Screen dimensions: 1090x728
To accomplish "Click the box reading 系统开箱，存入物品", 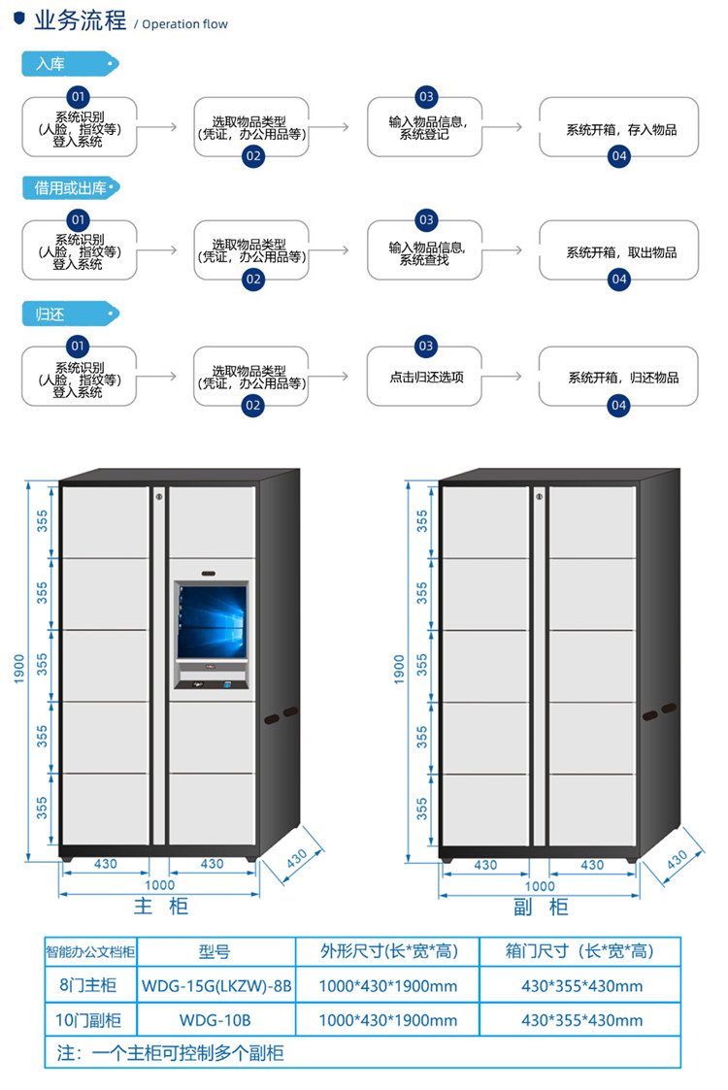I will (x=619, y=128).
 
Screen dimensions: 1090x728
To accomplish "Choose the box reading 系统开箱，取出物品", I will (x=619, y=252).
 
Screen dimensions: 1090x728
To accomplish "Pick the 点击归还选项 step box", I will (x=425, y=377).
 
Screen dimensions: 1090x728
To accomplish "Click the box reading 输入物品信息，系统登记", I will (x=425, y=127).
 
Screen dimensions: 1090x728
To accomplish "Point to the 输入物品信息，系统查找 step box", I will (x=425, y=252).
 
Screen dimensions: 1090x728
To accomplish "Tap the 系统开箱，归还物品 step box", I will (x=619, y=377).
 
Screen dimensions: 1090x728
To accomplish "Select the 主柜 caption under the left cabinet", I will (x=160, y=907).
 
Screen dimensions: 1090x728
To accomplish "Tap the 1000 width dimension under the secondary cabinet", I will (x=540, y=885).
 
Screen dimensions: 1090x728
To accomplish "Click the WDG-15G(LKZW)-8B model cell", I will (x=216, y=986).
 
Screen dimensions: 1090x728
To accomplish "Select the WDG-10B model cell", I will (x=215, y=1020).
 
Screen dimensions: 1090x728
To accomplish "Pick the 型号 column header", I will (x=215, y=952).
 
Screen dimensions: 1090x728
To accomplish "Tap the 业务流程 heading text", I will (x=81, y=21).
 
